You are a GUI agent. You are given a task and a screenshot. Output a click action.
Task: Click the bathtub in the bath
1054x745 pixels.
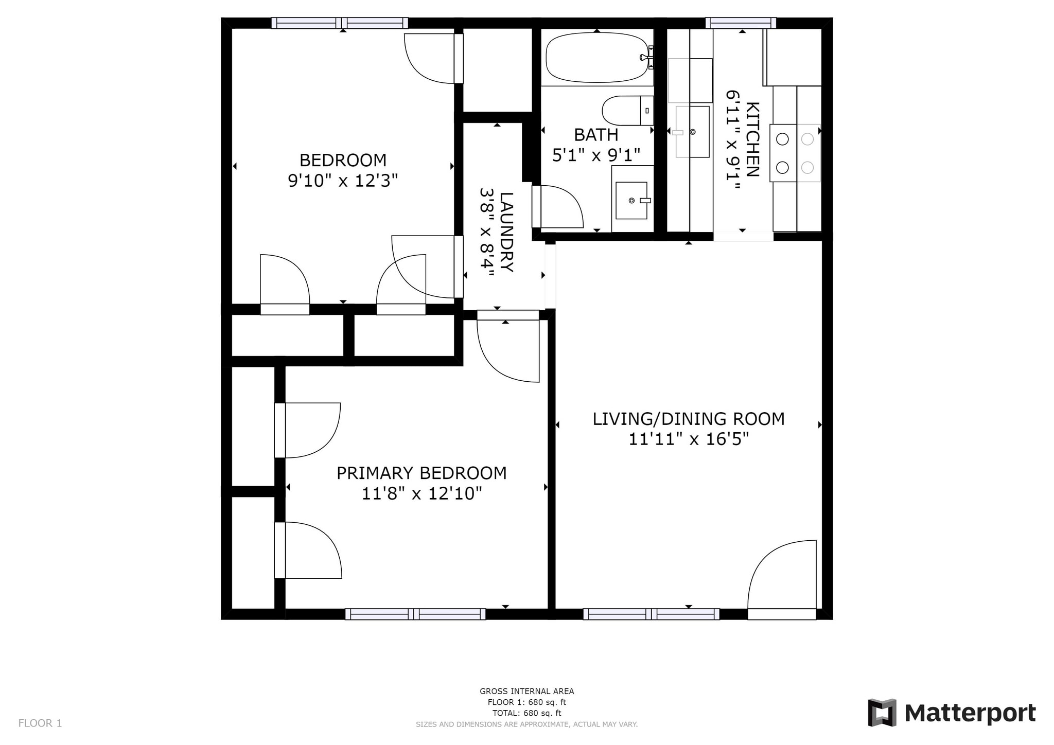point(596,58)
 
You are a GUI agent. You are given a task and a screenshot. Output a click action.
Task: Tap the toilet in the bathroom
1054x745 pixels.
point(625,111)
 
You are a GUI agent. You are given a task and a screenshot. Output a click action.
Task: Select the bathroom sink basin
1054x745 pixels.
point(631,200)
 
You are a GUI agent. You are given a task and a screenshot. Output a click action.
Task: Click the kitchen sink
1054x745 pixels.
point(692,132)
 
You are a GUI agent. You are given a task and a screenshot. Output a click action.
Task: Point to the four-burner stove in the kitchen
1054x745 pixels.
point(795,153)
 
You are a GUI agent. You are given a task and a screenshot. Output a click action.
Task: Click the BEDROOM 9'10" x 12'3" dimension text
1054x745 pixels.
point(343,181)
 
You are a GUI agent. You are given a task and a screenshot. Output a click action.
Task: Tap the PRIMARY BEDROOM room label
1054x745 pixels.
point(421,473)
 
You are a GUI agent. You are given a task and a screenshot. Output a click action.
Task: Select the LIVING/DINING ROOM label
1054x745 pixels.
point(689,419)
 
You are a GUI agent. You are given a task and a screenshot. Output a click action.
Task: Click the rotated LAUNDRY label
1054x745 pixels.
point(506,232)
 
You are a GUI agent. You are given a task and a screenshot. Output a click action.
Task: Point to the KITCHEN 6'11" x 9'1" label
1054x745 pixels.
point(743,140)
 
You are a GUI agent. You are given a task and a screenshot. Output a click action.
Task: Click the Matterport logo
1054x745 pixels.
point(952,713)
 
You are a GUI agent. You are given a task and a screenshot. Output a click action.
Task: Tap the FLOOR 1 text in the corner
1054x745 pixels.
point(40,723)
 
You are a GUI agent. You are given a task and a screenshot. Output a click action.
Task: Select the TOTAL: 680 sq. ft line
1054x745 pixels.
point(526,713)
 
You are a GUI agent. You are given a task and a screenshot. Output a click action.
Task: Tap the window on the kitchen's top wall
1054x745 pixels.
point(741,23)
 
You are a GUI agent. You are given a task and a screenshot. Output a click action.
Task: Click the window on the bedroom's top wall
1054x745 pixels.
point(340,23)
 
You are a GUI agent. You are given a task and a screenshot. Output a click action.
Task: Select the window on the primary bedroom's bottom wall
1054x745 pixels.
point(415,614)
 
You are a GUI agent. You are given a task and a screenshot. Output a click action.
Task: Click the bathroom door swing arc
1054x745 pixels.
point(561,206)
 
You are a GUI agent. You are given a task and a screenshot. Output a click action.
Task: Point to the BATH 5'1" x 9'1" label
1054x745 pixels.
point(596,145)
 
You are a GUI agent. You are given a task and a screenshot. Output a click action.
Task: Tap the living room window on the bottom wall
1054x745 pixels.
point(651,614)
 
